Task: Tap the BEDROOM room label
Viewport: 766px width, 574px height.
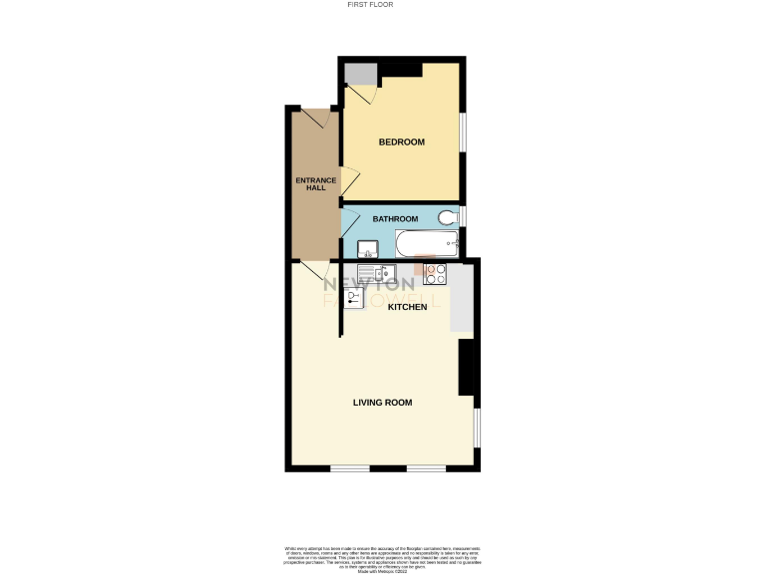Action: click(x=401, y=143)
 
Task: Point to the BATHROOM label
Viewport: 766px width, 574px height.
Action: click(x=395, y=219)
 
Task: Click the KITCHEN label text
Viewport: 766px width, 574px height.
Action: click(x=407, y=307)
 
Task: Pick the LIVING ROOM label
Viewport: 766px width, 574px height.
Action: click(x=382, y=403)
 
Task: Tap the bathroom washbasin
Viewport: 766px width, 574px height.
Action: click(x=366, y=248)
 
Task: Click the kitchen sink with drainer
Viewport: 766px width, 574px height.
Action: click(x=378, y=272)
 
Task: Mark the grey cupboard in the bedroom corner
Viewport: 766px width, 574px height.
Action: click(x=361, y=75)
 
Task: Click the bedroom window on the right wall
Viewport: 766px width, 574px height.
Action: click(x=463, y=130)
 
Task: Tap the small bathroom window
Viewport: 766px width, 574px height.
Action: click(x=463, y=216)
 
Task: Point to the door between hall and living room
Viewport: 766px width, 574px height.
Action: click(x=315, y=270)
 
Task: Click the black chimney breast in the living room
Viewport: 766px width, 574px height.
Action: click(x=466, y=369)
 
